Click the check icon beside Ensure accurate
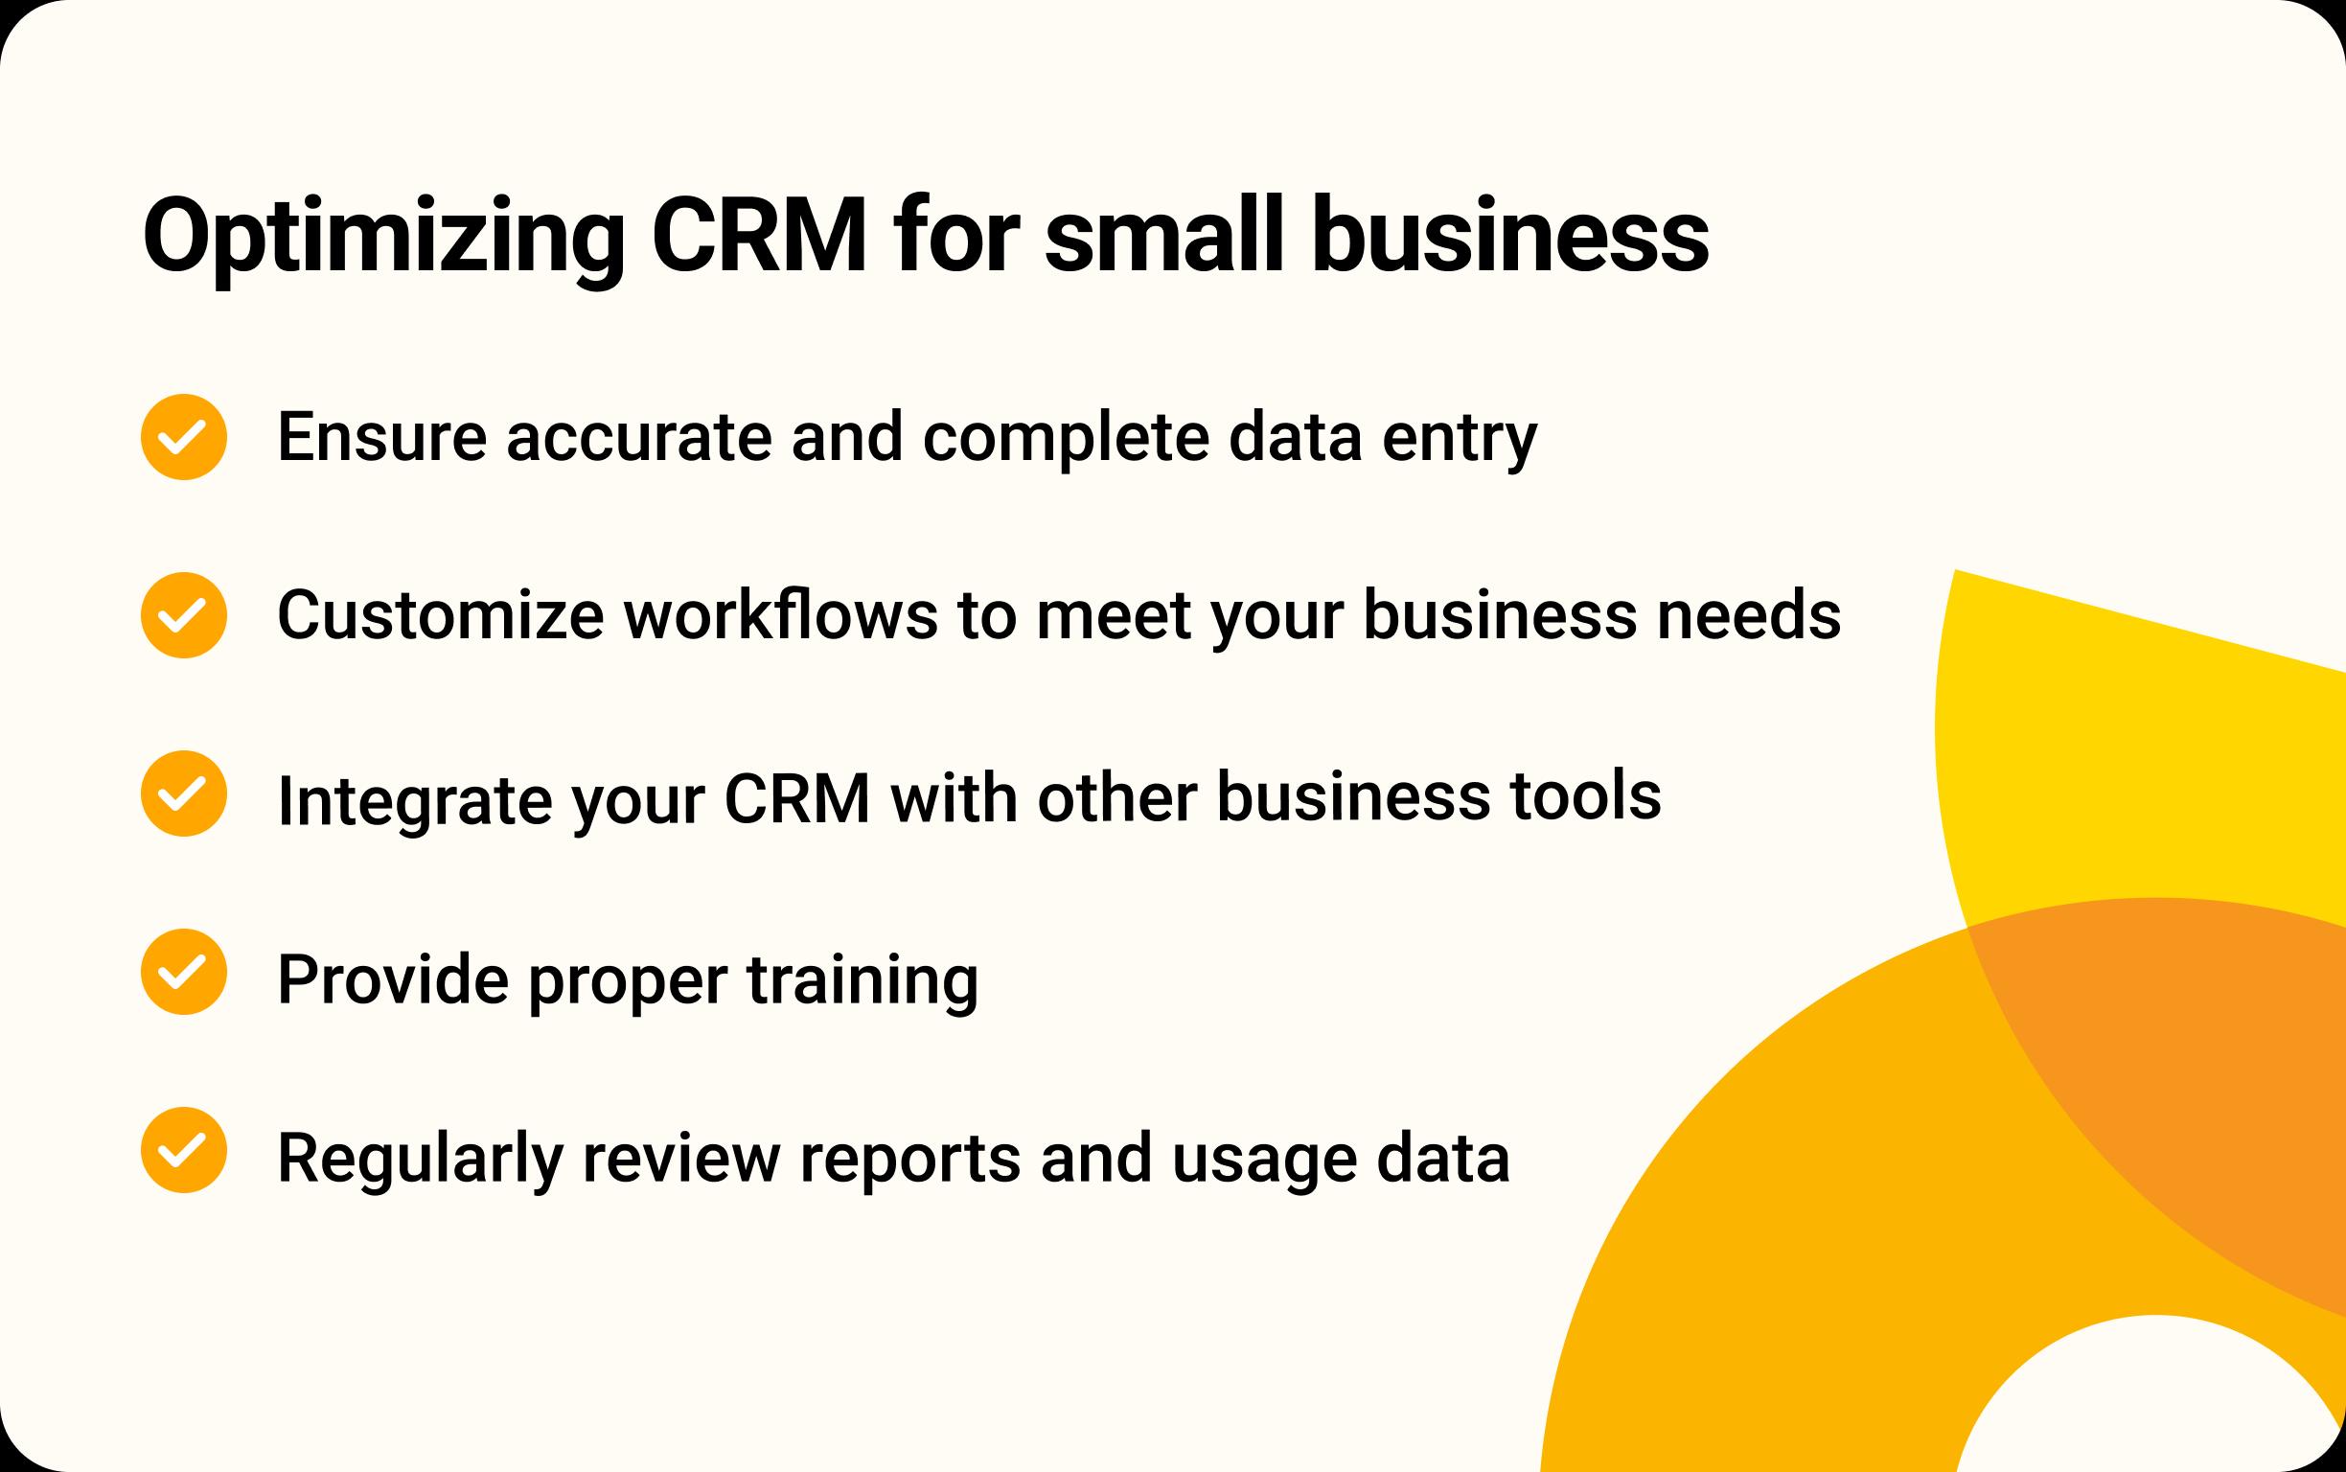tap(184, 437)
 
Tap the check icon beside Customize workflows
tap(184, 615)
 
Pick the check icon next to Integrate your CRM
tap(184, 793)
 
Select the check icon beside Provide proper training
tap(184, 972)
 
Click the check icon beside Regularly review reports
tap(184, 1150)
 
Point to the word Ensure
tap(381, 437)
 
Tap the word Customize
tap(441, 615)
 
